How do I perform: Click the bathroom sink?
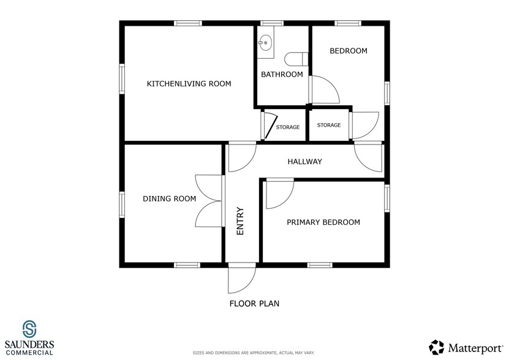click(x=266, y=42)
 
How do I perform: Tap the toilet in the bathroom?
click(x=296, y=59)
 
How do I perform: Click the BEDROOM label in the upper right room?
click(x=349, y=51)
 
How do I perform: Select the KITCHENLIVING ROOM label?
click(x=189, y=84)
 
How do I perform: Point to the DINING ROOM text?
click(x=170, y=198)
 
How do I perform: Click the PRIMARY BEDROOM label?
click(x=323, y=222)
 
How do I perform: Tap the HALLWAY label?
click(x=305, y=162)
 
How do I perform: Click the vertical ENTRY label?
click(x=240, y=221)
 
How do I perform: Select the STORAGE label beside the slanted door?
click(x=288, y=127)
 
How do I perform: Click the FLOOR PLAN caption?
click(x=255, y=304)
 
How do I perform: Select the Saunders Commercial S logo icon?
click(x=29, y=329)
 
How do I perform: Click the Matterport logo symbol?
click(x=436, y=347)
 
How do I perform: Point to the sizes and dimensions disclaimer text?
click(x=254, y=353)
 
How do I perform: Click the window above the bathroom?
click(x=272, y=23)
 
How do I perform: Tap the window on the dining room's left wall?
click(x=122, y=204)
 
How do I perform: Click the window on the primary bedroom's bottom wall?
click(x=320, y=265)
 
